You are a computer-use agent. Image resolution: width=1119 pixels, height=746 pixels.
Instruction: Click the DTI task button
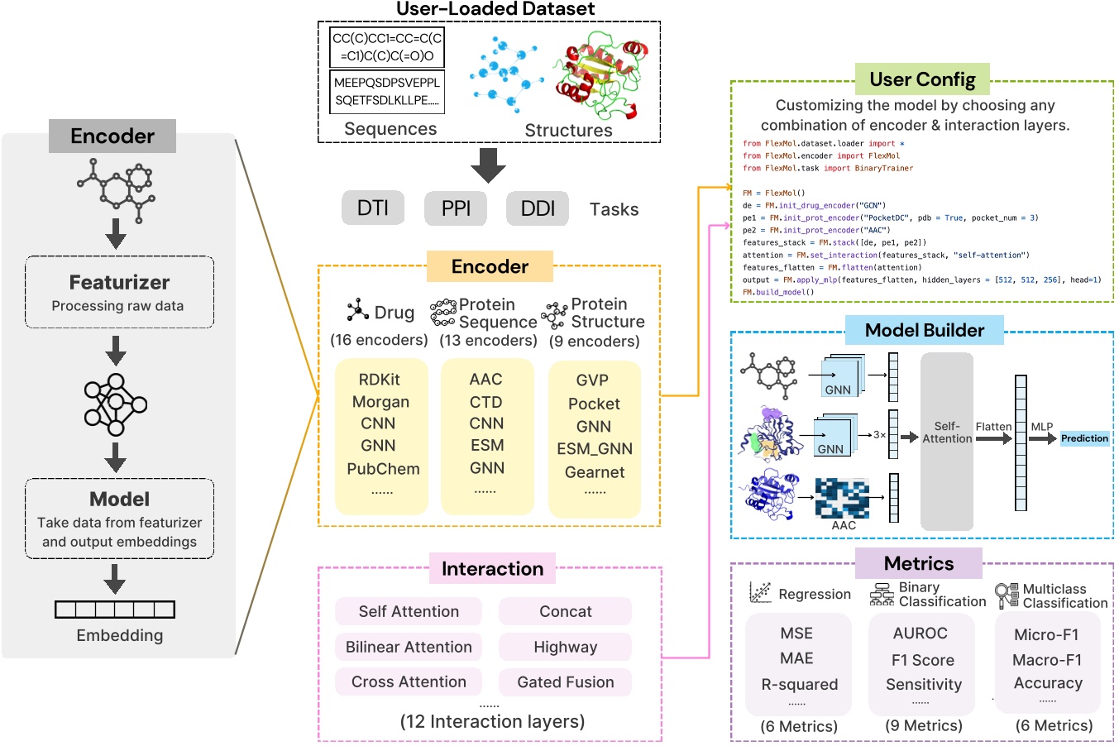pos(373,208)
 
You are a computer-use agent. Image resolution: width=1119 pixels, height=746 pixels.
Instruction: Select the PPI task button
pos(456,208)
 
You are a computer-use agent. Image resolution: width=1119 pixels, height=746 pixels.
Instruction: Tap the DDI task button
pos(538,208)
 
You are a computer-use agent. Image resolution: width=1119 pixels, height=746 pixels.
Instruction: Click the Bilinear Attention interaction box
pos(409,647)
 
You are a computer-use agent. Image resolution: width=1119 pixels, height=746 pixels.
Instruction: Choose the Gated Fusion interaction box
pos(566,682)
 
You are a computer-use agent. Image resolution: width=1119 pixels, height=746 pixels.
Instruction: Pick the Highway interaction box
pos(566,647)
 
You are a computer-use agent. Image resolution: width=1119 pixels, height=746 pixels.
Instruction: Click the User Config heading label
pos(922,80)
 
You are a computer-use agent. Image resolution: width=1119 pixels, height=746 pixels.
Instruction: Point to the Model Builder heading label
pos(924,331)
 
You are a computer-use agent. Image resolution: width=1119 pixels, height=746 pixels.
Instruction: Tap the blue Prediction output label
pos(1084,438)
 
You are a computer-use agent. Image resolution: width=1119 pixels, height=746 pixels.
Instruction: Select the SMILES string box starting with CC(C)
pos(387,47)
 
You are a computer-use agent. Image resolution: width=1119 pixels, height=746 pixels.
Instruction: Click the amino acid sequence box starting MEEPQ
pos(387,92)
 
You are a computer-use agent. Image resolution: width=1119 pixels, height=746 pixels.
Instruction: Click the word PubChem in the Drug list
pos(383,469)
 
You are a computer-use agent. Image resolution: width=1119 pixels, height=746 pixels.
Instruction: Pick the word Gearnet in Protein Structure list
pos(595,472)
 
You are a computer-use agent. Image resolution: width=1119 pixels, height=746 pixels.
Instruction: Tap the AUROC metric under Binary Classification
pos(921,634)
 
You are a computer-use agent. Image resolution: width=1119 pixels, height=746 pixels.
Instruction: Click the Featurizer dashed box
pos(120,292)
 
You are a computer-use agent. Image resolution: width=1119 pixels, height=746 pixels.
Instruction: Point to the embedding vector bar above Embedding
pos(115,610)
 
